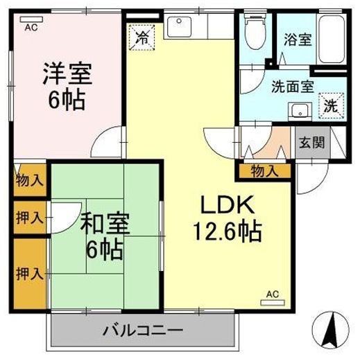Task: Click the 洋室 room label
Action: [x=67, y=73]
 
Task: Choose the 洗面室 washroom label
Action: [x=292, y=87]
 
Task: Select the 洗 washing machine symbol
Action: [x=332, y=107]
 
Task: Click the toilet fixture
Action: [x=255, y=33]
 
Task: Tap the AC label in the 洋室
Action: [x=30, y=28]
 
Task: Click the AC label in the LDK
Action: [x=273, y=295]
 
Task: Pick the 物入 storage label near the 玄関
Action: [x=264, y=170]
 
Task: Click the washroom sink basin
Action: [x=300, y=109]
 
